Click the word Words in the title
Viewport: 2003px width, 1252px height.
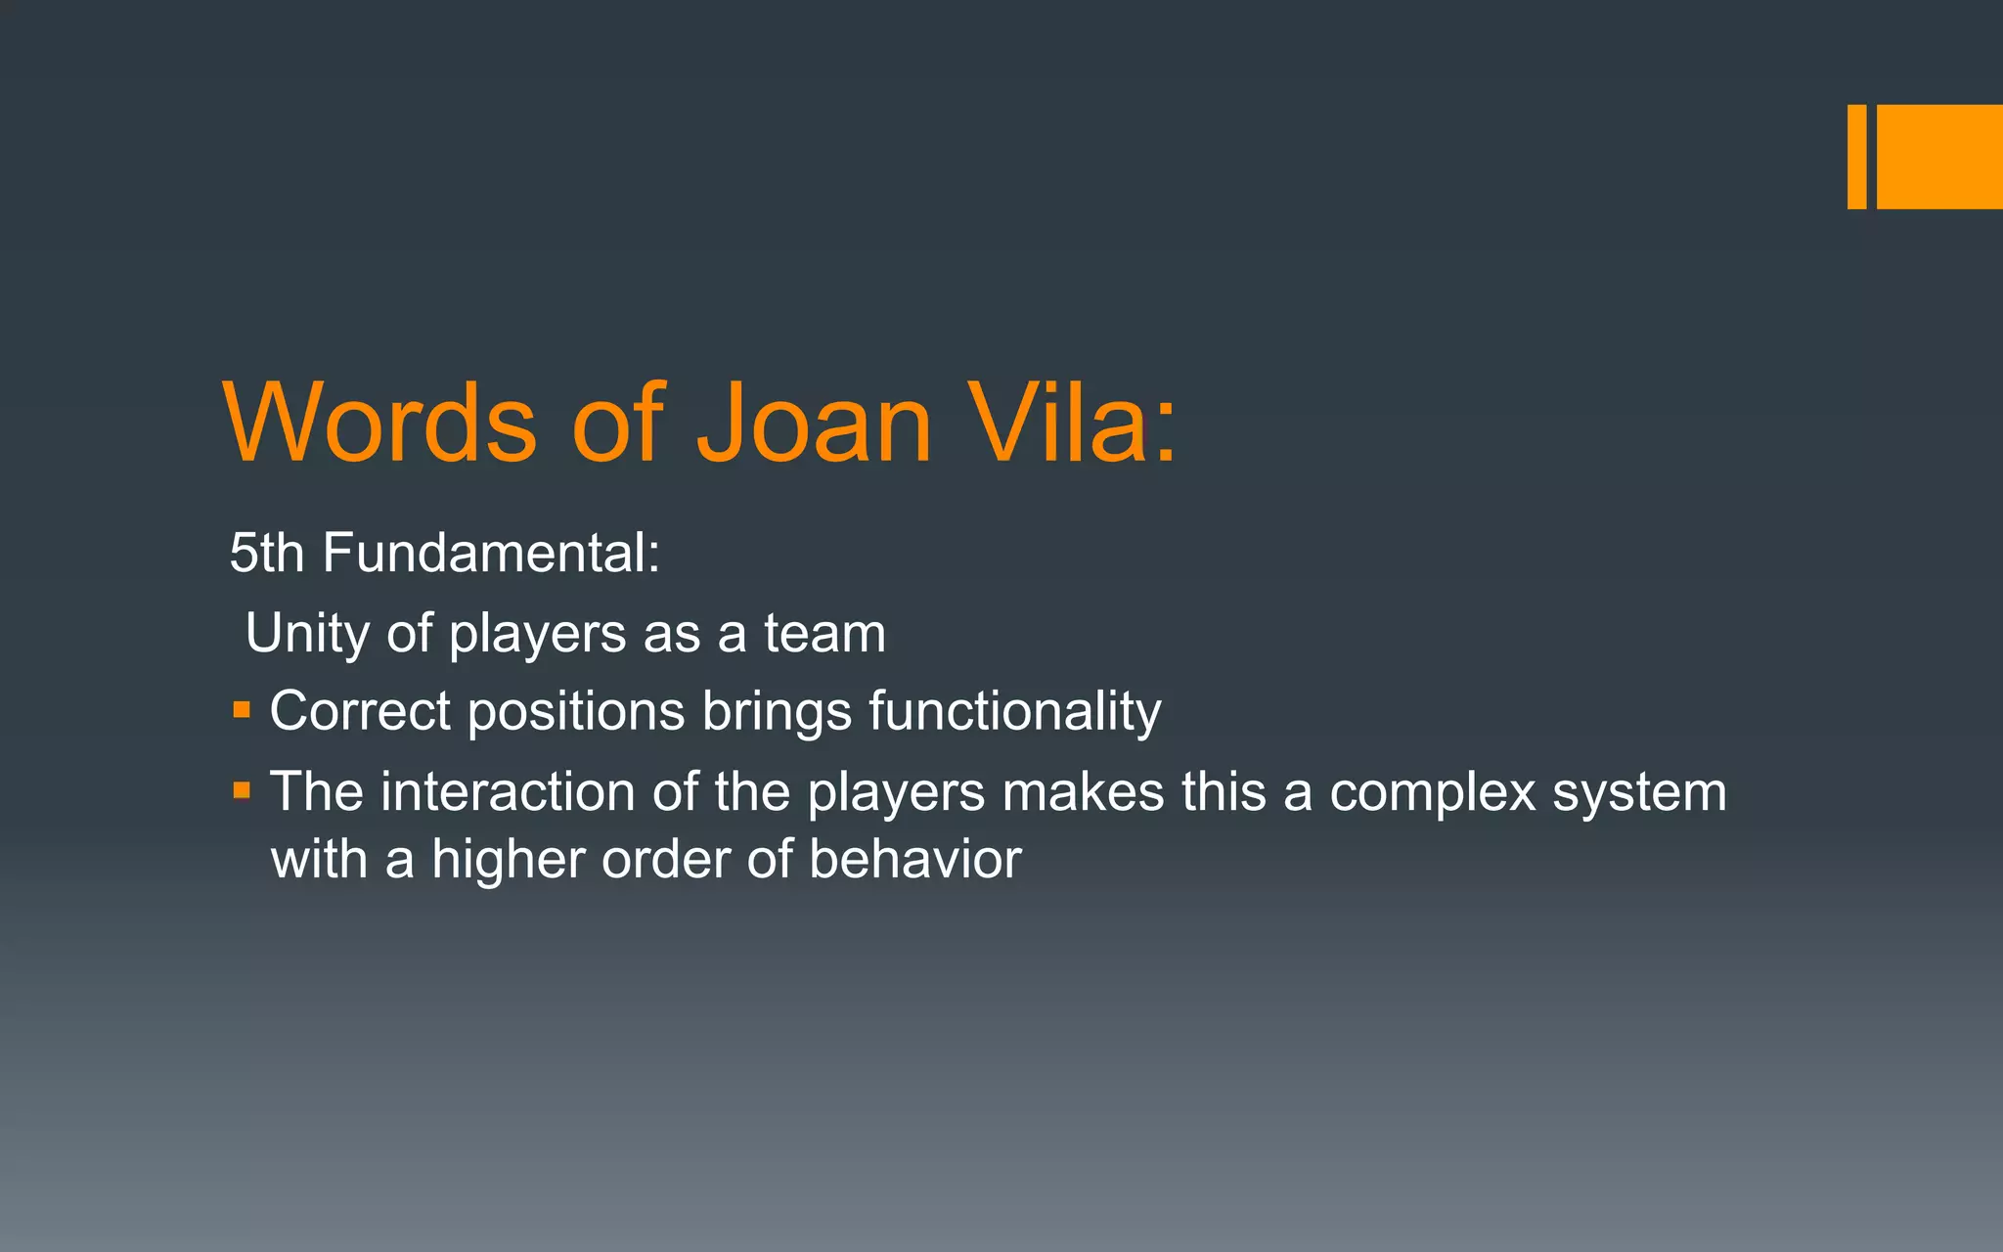coord(380,423)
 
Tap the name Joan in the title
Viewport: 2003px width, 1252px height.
coord(814,423)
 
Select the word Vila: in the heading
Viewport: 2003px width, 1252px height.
coord(1072,423)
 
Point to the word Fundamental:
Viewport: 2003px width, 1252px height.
coord(491,553)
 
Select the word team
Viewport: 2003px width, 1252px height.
coord(824,634)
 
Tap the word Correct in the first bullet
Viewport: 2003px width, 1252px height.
coord(359,711)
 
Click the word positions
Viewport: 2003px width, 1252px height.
coord(576,711)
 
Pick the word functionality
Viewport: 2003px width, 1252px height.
coord(1014,711)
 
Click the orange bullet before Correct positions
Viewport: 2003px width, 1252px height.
coord(242,708)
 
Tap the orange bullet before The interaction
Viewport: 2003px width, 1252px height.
coord(242,788)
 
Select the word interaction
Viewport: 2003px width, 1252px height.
coord(508,791)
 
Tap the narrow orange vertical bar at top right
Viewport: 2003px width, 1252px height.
coord(1856,156)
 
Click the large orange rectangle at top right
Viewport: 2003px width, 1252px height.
coord(1939,156)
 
